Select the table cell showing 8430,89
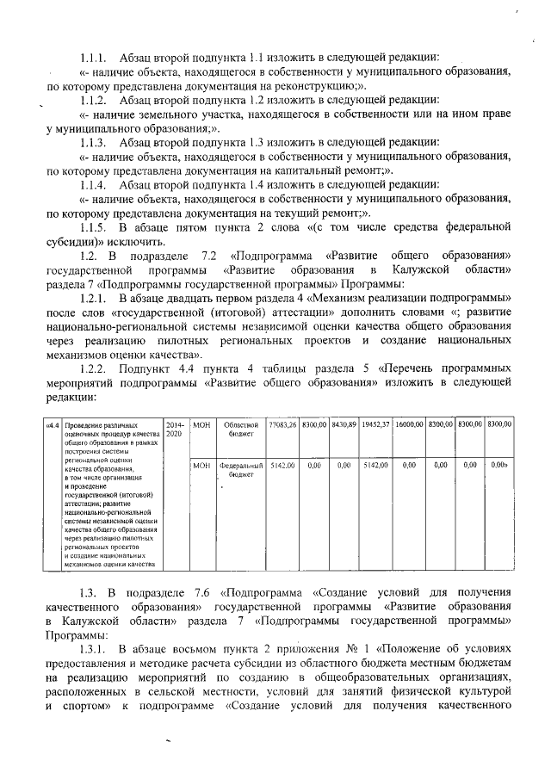coord(344,424)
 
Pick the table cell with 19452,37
coord(376,424)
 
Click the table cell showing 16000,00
coord(411,424)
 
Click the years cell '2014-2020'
coord(175,430)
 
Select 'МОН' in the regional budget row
coord(201,424)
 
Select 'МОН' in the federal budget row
coord(201,465)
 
